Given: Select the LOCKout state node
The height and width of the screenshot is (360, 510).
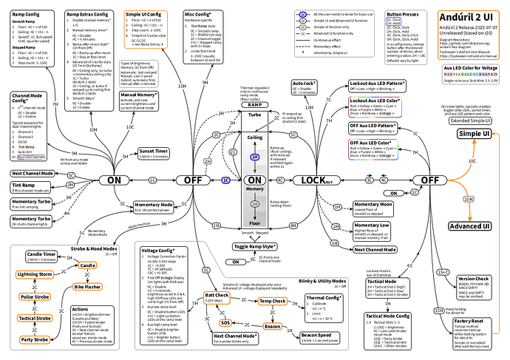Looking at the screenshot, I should (320, 180).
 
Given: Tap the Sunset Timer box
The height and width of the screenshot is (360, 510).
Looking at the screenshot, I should (153, 154).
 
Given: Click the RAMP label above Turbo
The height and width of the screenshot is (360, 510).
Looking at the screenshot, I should (254, 105).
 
